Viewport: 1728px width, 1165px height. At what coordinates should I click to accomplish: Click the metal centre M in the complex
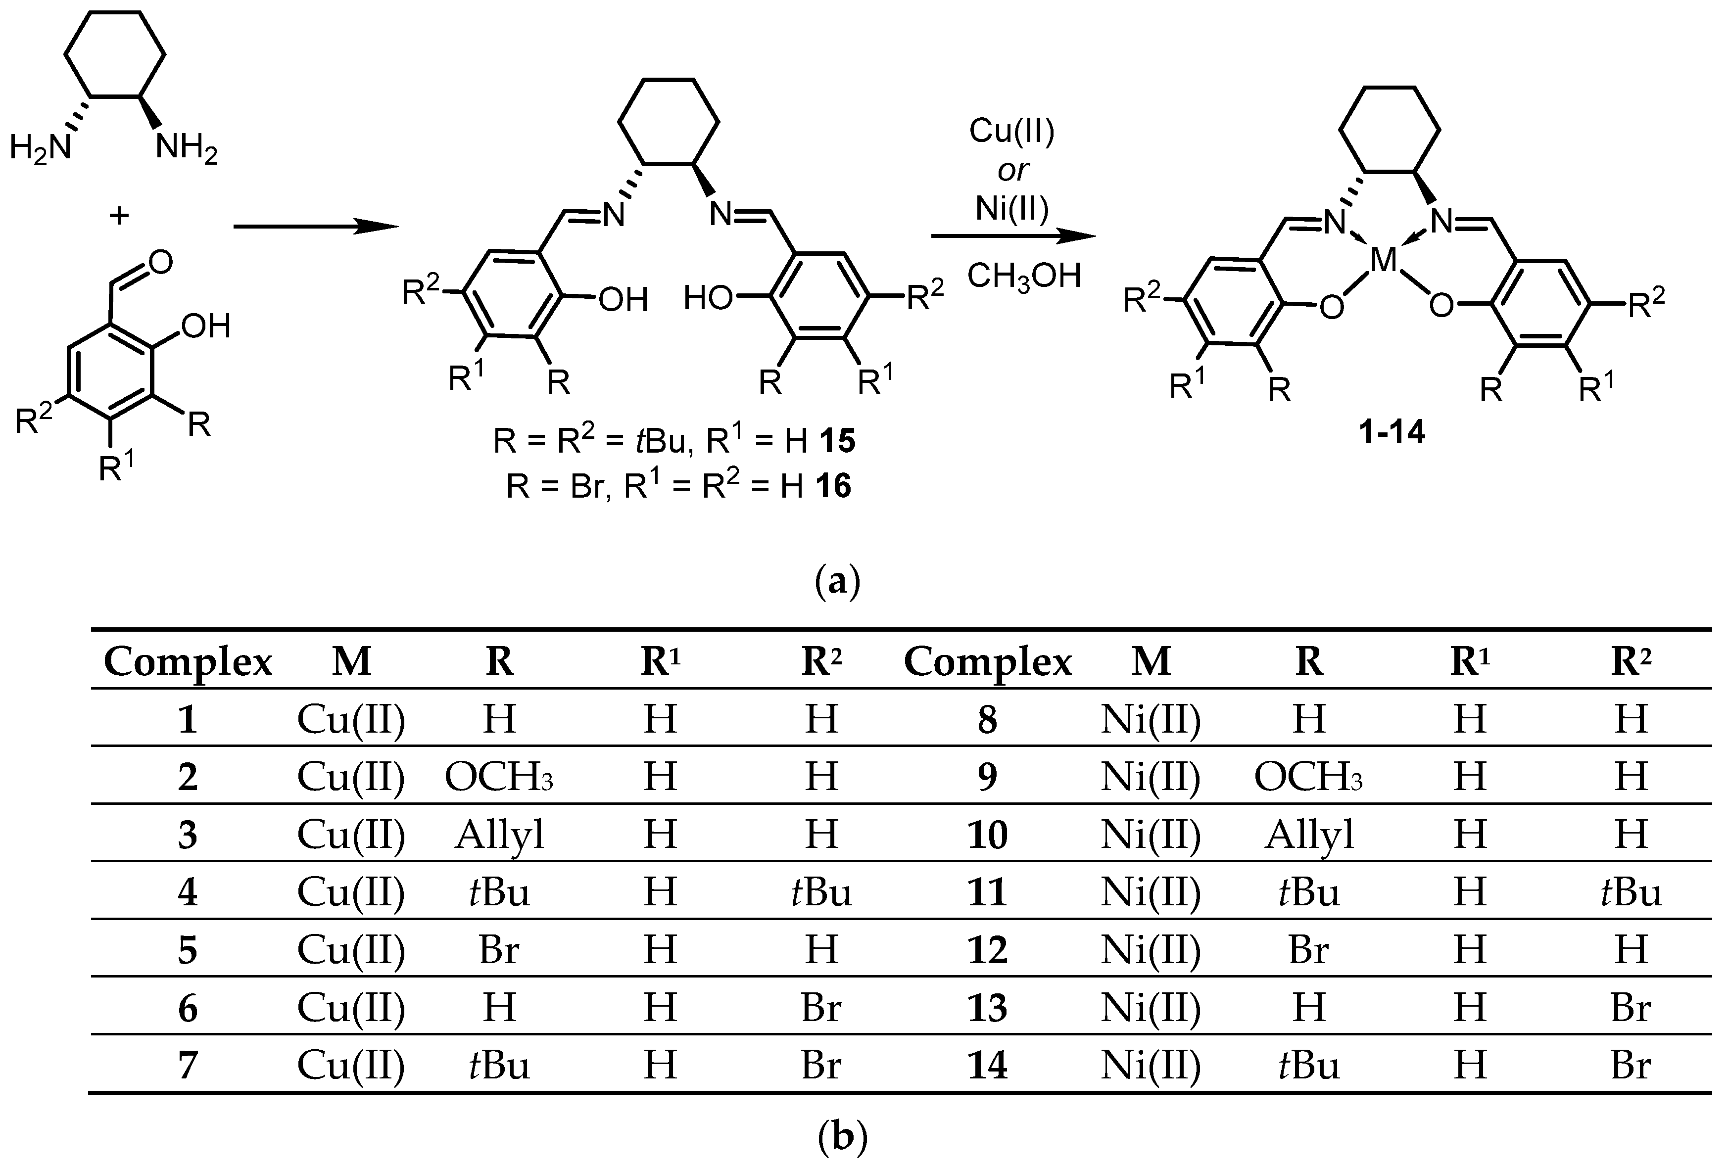pyautogui.click(x=1384, y=260)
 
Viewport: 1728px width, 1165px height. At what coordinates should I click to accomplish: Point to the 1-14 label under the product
pyautogui.click(x=1392, y=432)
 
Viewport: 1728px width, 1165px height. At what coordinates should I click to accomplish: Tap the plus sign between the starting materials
pyautogui.click(x=119, y=216)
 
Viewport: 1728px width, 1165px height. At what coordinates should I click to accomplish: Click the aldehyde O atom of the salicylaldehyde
pyautogui.click(x=160, y=262)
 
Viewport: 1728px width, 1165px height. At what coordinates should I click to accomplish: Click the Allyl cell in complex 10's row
pyautogui.click(x=1309, y=835)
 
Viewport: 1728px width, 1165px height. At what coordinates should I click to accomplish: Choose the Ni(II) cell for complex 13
pyautogui.click(x=1151, y=1008)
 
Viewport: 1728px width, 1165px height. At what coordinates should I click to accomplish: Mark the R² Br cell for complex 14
pyautogui.click(x=1631, y=1066)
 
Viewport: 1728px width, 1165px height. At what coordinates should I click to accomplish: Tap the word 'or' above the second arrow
pyautogui.click(x=1012, y=171)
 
